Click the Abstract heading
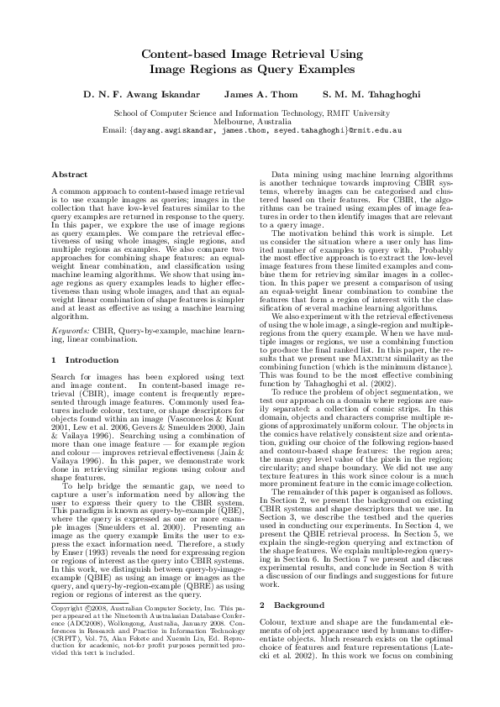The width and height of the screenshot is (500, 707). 70,174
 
